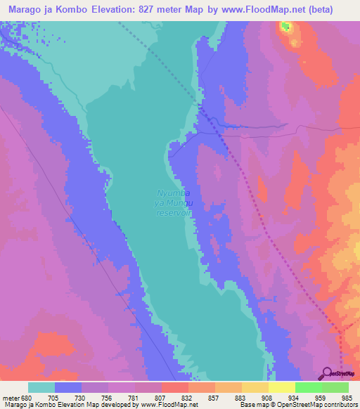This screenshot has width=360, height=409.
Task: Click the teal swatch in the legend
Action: (41, 387)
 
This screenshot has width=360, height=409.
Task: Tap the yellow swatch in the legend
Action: (282, 387)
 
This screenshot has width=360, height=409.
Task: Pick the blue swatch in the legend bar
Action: (68, 387)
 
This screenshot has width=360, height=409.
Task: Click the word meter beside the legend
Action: (9, 397)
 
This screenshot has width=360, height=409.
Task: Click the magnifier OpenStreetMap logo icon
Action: (326, 373)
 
